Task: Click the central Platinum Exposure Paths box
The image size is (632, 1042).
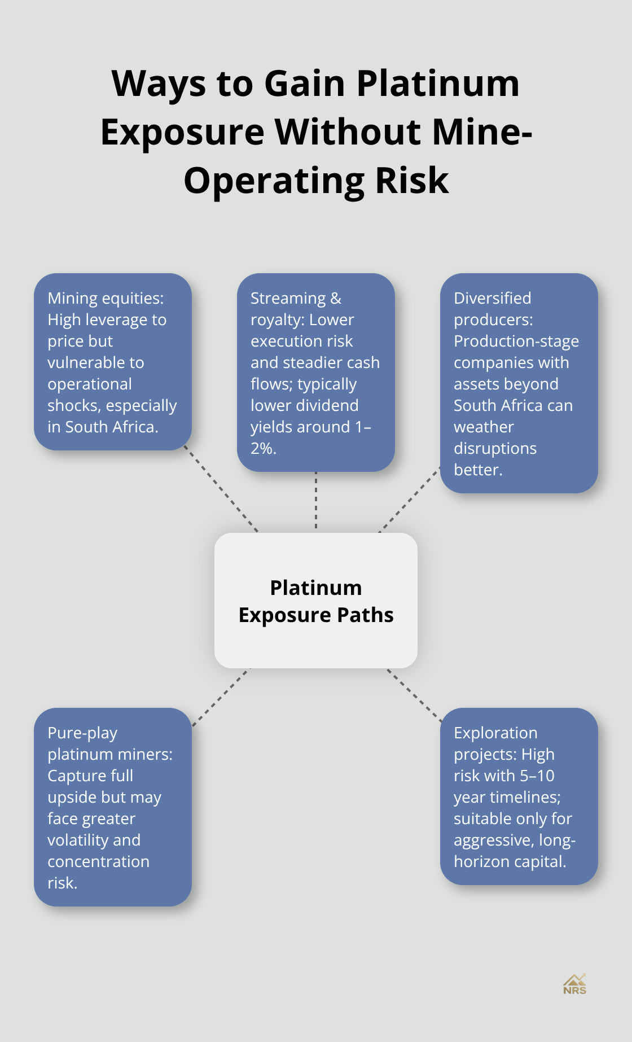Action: (316, 601)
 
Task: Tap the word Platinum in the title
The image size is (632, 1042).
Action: (438, 84)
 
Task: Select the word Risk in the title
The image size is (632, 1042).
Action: (412, 181)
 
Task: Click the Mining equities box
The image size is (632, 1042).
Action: (113, 362)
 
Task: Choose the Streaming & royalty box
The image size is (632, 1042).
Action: (316, 373)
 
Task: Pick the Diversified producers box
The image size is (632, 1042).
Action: (519, 383)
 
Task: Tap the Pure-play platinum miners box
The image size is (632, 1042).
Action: (113, 807)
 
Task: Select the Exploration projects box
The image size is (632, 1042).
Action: (519, 796)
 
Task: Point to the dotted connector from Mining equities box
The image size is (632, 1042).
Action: (221, 490)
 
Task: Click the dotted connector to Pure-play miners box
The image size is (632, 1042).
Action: (221, 697)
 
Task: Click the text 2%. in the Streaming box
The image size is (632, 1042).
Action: (264, 449)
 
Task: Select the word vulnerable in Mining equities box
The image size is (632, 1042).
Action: (96, 363)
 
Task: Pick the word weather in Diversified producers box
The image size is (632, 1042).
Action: (484, 427)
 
